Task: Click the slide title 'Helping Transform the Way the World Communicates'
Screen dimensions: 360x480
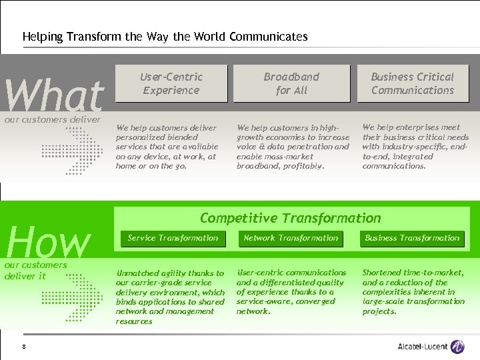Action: [x=165, y=37]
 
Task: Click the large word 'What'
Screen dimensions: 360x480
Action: [x=54, y=95]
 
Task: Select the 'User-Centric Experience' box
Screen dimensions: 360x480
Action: [x=171, y=83]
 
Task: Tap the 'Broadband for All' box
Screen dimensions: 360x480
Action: [x=291, y=83]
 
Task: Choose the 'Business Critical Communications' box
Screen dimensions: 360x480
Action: [x=413, y=83]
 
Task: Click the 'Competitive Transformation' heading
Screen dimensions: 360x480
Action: [x=291, y=218]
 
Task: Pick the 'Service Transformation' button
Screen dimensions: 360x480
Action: [x=173, y=238]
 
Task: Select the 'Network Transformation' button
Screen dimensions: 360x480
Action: [x=291, y=238]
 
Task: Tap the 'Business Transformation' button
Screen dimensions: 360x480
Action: [x=412, y=238]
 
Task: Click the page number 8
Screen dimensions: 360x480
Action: [x=24, y=346]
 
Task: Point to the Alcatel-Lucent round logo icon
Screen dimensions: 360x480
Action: [x=457, y=346]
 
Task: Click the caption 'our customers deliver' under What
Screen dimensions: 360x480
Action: [x=53, y=120]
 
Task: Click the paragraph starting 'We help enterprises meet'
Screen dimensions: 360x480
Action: [x=415, y=147]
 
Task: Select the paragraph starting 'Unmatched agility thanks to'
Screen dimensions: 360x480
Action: [x=170, y=297]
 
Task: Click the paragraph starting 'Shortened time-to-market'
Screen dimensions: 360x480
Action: [x=413, y=292]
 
